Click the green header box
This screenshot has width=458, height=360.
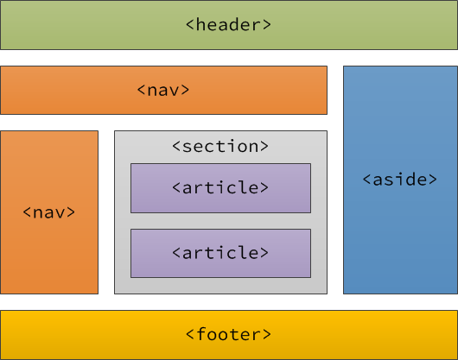(x=86, y=25)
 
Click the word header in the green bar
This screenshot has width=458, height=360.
(x=229, y=25)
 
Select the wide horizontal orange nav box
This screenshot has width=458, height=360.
(x=69, y=90)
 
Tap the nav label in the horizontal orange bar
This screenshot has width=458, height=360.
(x=163, y=90)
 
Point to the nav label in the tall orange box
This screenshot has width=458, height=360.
(x=49, y=212)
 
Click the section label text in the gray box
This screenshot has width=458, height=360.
(x=220, y=146)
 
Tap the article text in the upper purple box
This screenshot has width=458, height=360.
(x=220, y=187)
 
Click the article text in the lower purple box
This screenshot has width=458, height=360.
(x=220, y=253)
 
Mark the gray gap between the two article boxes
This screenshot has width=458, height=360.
(x=220, y=221)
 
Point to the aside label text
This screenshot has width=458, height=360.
(x=399, y=180)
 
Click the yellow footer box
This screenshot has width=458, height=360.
(x=86, y=334)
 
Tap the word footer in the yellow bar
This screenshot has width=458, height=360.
(x=229, y=334)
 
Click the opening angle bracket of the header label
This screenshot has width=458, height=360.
(x=190, y=25)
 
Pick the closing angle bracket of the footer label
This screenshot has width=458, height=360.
(x=267, y=334)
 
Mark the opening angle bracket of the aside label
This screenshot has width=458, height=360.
(x=366, y=180)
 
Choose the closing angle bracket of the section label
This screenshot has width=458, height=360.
(x=264, y=146)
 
